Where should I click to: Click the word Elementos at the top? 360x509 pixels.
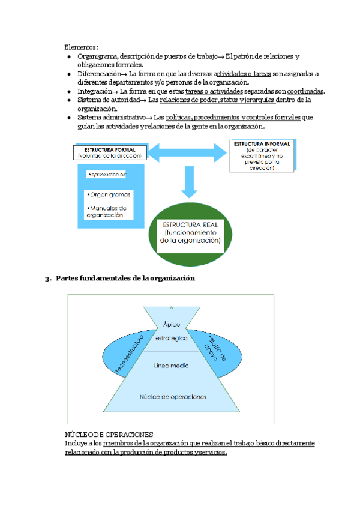(81, 47)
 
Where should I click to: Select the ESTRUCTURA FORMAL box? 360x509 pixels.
(109, 152)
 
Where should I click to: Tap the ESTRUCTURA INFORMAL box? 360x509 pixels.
(262, 157)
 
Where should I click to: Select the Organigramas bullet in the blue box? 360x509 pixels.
(109, 195)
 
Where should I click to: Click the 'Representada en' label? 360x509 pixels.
(107, 175)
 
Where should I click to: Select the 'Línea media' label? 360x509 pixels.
(172, 365)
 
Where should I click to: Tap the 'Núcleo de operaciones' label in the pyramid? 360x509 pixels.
(173, 397)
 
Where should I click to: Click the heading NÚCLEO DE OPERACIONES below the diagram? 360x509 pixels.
(110, 434)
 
